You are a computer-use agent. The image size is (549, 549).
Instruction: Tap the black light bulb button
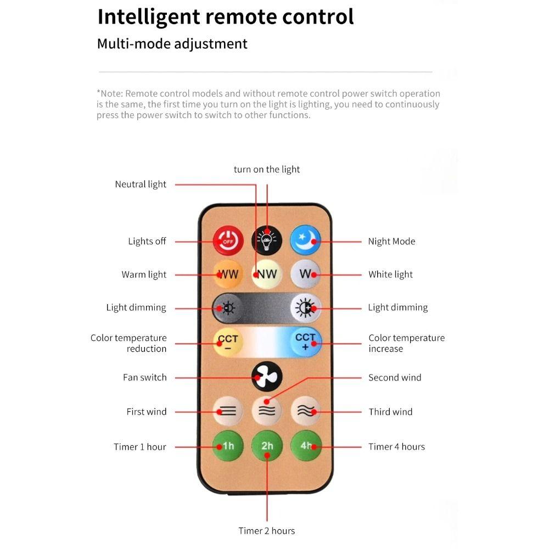click(x=267, y=240)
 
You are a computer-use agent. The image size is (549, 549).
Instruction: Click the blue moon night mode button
click(x=305, y=240)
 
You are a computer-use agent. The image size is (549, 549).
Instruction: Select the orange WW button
click(x=228, y=274)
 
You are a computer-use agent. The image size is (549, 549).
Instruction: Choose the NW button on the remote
click(x=267, y=274)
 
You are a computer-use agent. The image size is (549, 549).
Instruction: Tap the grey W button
click(x=305, y=274)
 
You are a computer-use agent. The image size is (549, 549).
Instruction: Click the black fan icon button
click(x=267, y=377)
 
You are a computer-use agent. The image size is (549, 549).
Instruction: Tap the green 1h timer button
click(x=228, y=446)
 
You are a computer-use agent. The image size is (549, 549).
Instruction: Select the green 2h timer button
click(x=267, y=446)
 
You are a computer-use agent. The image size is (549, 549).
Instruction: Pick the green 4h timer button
click(x=306, y=446)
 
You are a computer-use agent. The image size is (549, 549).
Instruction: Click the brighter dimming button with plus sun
click(x=305, y=308)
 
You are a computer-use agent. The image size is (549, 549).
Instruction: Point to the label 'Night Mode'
click(x=391, y=241)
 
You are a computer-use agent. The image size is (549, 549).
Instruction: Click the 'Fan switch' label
click(x=144, y=378)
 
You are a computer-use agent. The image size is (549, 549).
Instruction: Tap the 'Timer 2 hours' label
click(x=267, y=531)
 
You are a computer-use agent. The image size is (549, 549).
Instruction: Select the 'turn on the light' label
click(x=267, y=170)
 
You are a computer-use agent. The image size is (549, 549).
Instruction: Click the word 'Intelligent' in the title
click(x=149, y=17)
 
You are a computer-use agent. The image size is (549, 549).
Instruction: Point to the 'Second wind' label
click(x=395, y=378)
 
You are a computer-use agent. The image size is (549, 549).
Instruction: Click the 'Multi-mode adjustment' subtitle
click(x=172, y=44)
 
